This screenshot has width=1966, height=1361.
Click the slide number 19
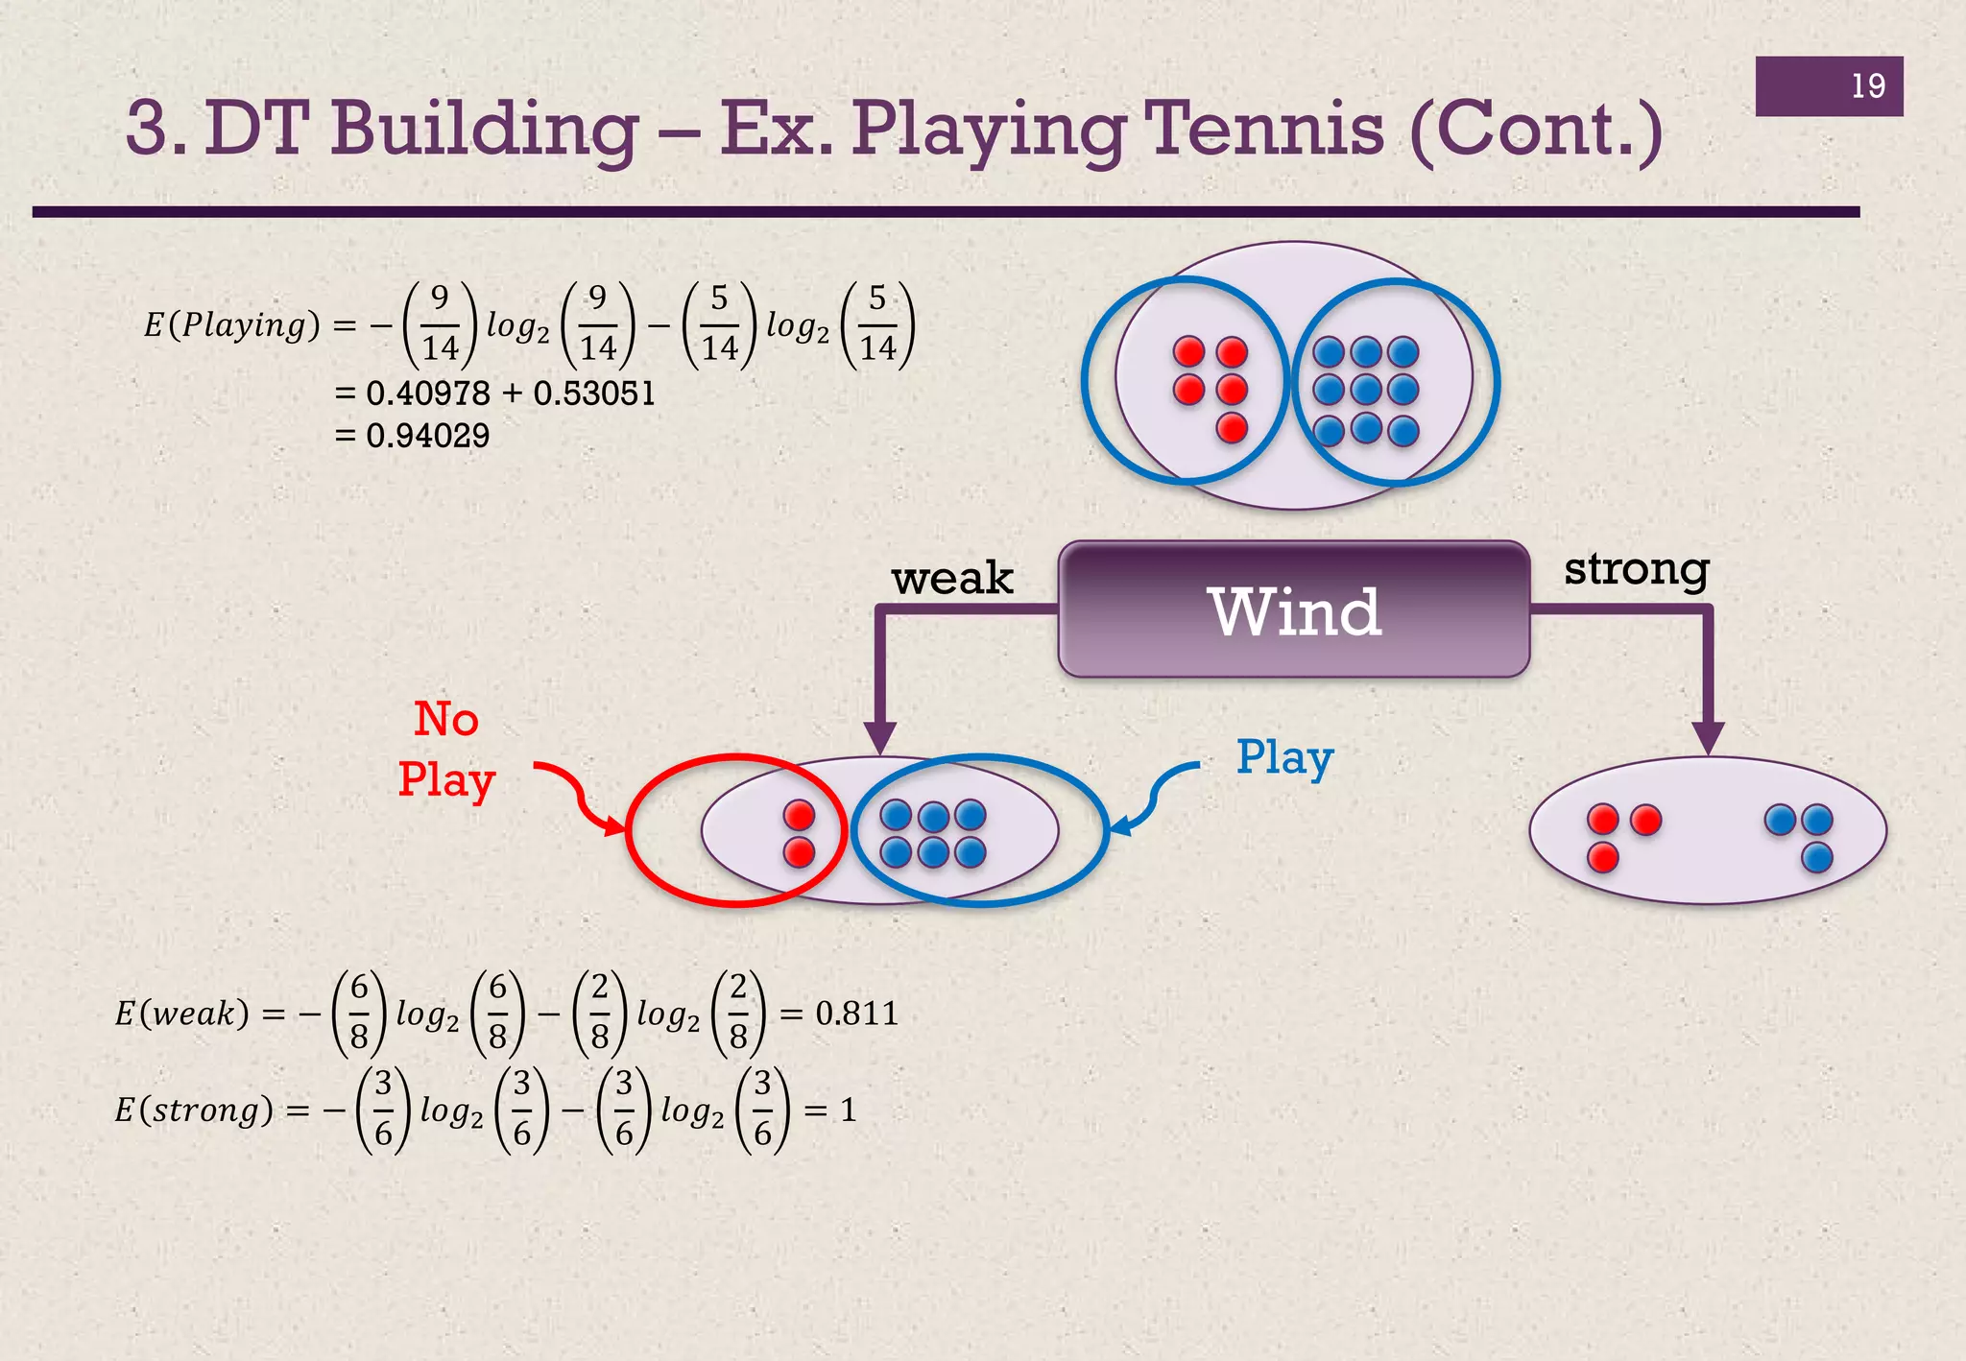click(x=1867, y=86)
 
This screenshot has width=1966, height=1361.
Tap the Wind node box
click(x=1293, y=610)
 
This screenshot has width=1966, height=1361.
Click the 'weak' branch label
click(x=951, y=579)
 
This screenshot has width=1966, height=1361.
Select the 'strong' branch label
click(x=1636, y=569)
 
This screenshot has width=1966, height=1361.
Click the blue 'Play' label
click(x=1284, y=758)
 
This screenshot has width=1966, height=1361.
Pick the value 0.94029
click(x=427, y=436)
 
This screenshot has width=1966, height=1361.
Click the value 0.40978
click(x=427, y=394)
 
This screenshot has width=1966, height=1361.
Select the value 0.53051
click(x=594, y=394)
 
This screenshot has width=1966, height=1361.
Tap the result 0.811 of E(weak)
click(x=856, y=1014)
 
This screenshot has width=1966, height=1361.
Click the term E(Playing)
click(x=231, y=325)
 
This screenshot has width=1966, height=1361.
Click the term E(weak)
click(x=181, y=1014)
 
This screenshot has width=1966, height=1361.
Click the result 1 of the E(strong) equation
click(x=848, y=1110)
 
